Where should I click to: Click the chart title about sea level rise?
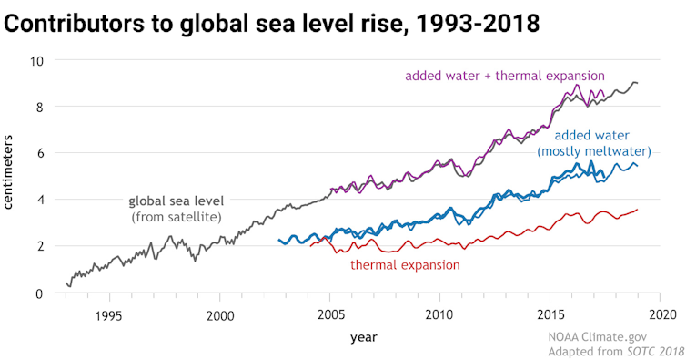click(x=272, y=24)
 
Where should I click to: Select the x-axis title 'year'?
click(x=364, y=337)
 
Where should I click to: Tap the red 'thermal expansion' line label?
click(x=405, y=265)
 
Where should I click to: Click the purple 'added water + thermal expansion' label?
click(x=505, y=75)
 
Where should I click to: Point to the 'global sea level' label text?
click(x=177, y=201)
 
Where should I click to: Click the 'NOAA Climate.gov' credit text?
click(x=604, y=336)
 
